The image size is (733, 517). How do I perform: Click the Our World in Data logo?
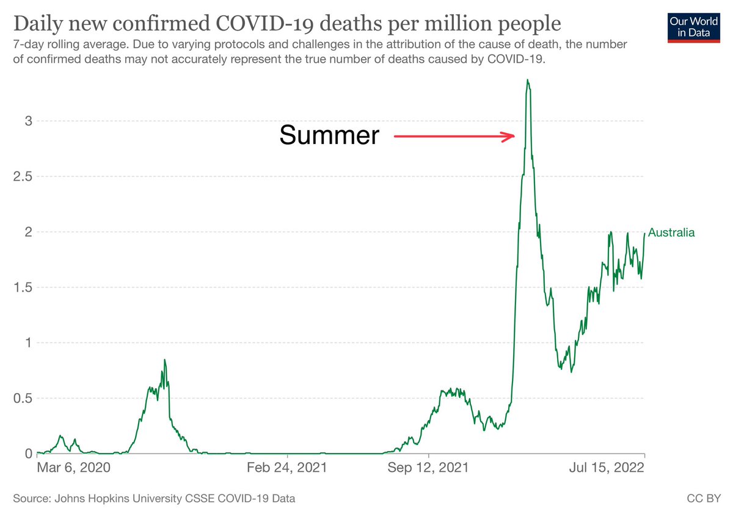click(x=694, y=28)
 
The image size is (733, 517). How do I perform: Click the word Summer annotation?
click(x=329, y=135)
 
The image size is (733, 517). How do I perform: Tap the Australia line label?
click(x=671, y=233)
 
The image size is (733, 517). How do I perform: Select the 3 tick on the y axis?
click(x=29, y=121)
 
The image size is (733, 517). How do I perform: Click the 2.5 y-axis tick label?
click(x=23, y=176)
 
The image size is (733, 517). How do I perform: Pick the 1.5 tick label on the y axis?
click(x=23, y=287)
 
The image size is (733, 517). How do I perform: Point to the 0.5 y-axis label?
click(x=23, y=399)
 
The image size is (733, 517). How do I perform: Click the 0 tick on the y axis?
click(x=29, y=454)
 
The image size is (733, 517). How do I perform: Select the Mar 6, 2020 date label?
click(x=74, y=468)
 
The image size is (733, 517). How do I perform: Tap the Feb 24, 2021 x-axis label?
click(x=287, y=468)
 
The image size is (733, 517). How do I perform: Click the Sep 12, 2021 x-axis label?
click(x=428, y=468)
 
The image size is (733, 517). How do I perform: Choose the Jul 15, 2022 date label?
click(x=607, y=468)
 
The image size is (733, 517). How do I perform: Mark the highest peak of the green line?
click(x=528, y=79)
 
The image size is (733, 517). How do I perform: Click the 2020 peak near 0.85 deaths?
click(x=164, y=360)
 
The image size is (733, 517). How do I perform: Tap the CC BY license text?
click(x=704, y=498)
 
